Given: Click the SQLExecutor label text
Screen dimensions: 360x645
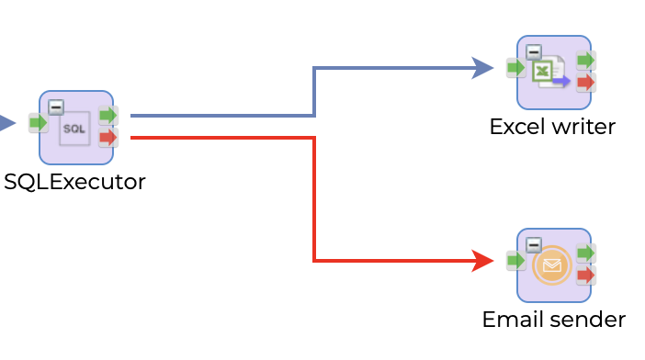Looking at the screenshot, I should tap(74, 181).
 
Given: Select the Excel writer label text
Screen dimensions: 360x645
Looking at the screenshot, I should tap(552, 126).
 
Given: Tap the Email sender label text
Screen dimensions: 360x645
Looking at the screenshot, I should tap(553, 319).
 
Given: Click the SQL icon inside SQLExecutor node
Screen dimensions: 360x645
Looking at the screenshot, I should tap(74, 129).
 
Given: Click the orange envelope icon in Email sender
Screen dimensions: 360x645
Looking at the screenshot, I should tap(551, 265).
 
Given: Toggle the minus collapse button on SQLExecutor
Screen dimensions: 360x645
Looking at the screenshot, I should tap(56, 107).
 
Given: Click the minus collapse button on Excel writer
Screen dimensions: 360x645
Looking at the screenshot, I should tap(534, 51).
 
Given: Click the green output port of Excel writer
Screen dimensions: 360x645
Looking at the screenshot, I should tap(585, 61).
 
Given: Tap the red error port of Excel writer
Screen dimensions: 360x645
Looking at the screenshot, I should tap(585, 83).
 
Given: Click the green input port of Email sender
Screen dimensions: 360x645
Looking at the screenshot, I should tap(515, 261).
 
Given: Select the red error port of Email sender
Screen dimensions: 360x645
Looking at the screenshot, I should tap(585, 276).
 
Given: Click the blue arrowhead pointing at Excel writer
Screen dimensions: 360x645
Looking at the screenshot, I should tap(483, 67).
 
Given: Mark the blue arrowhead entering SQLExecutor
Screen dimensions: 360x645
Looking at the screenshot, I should tap(6, 122).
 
